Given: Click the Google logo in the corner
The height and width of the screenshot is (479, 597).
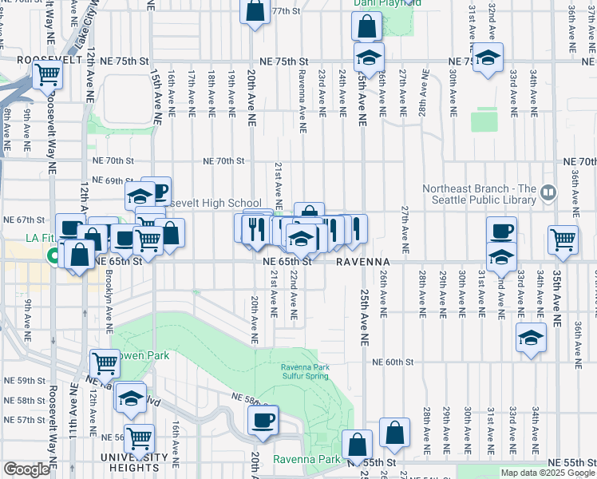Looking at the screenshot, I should click(26, 469).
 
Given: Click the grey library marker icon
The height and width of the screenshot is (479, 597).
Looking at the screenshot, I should click(548, 192).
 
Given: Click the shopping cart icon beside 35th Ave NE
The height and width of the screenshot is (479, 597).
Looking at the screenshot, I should click(563, 237).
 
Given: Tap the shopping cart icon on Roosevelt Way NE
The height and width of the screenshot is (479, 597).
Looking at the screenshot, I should click(47, 74).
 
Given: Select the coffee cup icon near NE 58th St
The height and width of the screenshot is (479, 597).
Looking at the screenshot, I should click(263, 419).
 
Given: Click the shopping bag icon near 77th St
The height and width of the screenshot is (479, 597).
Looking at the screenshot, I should click(255, 12).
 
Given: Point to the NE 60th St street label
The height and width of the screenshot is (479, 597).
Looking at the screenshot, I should click(394, 362).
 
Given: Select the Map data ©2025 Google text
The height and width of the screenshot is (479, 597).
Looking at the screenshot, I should click(547, 473).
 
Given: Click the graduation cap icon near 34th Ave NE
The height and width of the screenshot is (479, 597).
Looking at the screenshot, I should click(531, 336).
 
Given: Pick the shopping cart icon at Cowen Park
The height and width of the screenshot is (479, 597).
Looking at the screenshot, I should click(105, 363).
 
